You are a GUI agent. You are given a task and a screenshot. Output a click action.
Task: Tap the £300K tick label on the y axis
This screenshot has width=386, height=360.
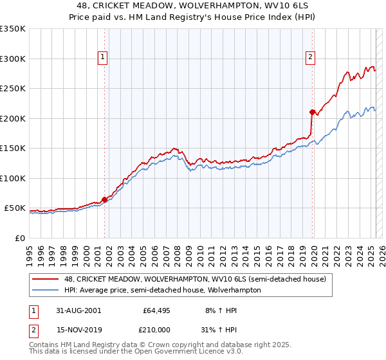pyautogui.click(x=13, y=59)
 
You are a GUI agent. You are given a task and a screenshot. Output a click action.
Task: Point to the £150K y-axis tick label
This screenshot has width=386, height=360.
pyautogui.click(x=13, y=148)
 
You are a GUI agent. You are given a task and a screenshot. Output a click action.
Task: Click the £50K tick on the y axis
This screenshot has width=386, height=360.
pyautogui.click(x=15, y=208)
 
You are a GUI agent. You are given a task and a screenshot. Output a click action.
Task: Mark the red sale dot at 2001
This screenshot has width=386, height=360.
pyautogui.click(x=105, y=199)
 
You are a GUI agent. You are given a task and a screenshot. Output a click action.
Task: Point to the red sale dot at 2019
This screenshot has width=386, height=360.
pyautogui.click(x=313, y=113)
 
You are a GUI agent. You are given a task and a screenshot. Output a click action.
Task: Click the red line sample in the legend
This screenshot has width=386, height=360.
pyautogui.click(x=46, y=279)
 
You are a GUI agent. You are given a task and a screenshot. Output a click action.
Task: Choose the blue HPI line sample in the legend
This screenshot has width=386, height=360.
pyautogui.click(x=46, y=290)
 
